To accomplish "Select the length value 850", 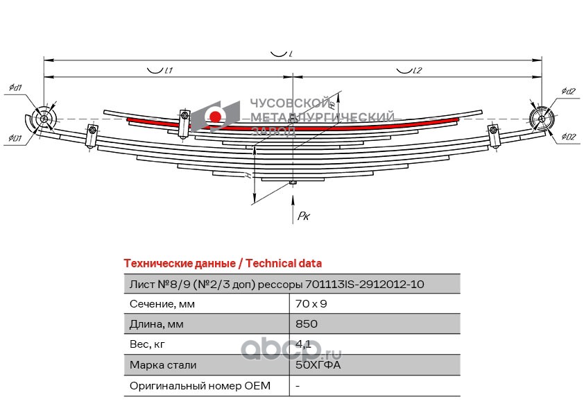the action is click(x=307, y=324).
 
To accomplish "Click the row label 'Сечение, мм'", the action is click(x=162, y=304).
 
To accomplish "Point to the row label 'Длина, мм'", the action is click(x=157, y=324).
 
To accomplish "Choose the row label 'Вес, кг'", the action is click(x=148, y=344).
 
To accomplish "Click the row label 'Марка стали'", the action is click(x=163, y=365).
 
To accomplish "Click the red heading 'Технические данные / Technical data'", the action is click(x=222, y=263).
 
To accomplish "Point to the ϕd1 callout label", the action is click(x=15, y=87).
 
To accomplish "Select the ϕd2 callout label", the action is click(x=569, y=91).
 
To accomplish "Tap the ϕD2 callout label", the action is click(x=569, y=137).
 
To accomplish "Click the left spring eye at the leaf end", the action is click(x=45, y=119).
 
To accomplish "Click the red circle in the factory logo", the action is click(x=216, y=117).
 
